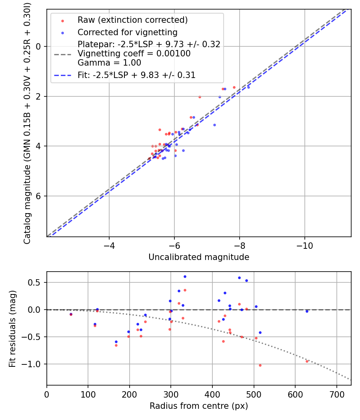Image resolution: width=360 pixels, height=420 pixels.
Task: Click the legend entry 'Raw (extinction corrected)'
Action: pos(132,20)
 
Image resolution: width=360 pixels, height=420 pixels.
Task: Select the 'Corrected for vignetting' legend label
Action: pos(127,32)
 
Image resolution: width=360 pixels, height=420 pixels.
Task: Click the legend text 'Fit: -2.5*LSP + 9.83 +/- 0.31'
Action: pos(136,75)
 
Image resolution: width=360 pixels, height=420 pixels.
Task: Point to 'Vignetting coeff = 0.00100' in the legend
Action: pos(134,54)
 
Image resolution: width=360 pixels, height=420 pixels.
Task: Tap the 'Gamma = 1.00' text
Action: pos(109,63)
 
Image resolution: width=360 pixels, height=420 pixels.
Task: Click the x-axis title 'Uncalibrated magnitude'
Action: pos(199,257)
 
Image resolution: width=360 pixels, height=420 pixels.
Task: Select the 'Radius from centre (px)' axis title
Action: pos(199,406)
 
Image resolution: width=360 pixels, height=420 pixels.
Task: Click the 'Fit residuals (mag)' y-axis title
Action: pos(12,328)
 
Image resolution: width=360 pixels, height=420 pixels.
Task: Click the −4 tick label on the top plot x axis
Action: pos(109,245)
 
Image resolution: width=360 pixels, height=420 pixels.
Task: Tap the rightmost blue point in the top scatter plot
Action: pos(248,87)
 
